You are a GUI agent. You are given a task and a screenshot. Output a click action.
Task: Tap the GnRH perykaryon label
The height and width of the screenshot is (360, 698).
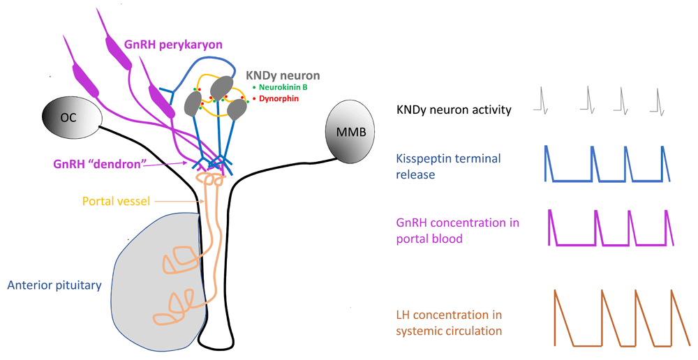(173, 45)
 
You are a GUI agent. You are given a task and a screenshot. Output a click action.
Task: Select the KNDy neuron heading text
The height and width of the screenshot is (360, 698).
(283, 74)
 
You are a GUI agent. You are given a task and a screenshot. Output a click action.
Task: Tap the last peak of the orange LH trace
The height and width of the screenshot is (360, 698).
(671, 291)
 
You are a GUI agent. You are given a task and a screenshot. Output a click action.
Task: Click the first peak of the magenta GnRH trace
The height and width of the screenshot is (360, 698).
(549, 210)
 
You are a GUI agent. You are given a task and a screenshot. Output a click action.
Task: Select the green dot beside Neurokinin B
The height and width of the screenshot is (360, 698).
(254, 87)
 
